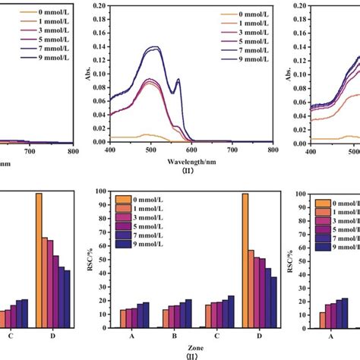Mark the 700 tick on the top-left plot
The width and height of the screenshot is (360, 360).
[30, 151]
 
